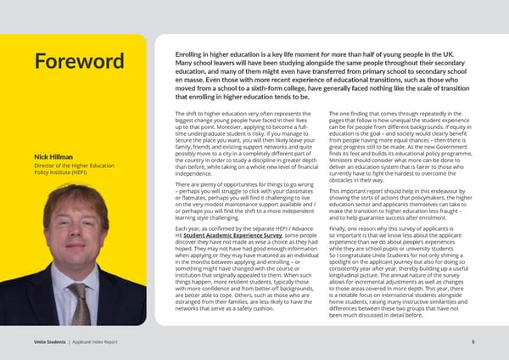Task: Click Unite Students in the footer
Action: point(38,341)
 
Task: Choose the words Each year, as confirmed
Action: point(210,228)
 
